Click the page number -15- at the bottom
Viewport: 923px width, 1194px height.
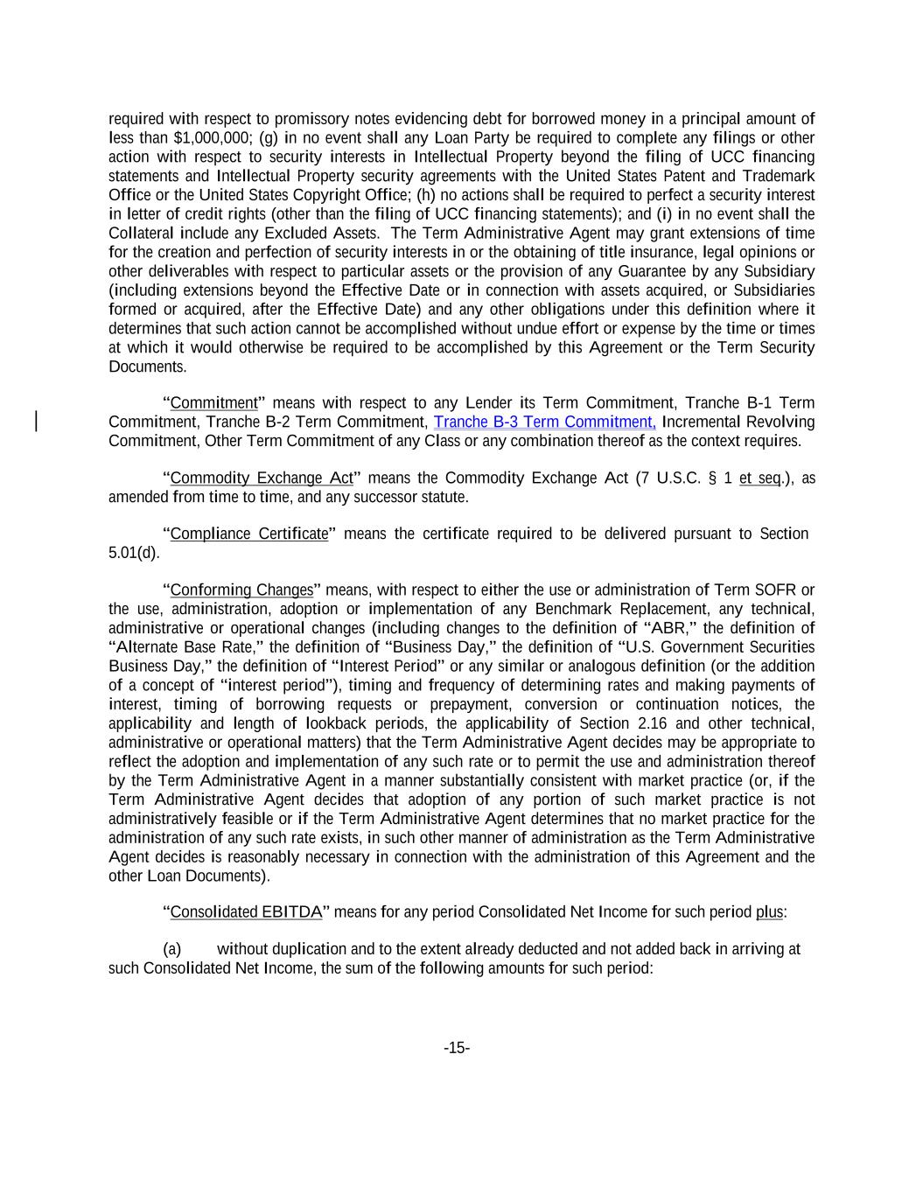pos(457,1048)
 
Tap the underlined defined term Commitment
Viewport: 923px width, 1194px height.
pos(213,403)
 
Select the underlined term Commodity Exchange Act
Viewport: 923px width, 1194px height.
pos(261,478)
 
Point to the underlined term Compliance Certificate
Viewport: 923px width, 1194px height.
pos(248,534)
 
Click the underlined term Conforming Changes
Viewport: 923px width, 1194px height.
pos(241,590)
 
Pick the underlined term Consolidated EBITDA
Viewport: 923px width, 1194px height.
pos(246,912)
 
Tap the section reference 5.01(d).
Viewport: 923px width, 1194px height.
pos(134,554)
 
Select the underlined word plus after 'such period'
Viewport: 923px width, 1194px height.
pos(769,912)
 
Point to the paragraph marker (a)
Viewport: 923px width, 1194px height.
pos(172,949)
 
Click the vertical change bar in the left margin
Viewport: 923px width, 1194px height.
pos(36,422)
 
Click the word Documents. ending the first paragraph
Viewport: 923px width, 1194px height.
pos(147,367)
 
